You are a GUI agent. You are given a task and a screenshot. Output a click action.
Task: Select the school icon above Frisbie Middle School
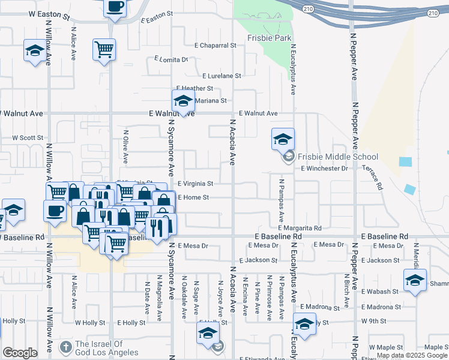coord(283,140)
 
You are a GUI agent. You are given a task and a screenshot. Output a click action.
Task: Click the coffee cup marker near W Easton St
coord(115,7)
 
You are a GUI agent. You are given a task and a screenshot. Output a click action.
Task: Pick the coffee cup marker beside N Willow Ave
coord(55,211)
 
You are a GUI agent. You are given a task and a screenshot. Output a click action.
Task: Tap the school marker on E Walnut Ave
coord(183,101)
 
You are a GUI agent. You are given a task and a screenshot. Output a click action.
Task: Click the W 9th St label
coord(373,321)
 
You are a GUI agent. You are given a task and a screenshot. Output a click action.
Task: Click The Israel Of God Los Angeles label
coord(107,349)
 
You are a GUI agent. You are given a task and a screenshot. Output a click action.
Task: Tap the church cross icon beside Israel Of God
coord(65,347)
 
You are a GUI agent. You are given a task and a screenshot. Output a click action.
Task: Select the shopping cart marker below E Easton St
coord(104,49)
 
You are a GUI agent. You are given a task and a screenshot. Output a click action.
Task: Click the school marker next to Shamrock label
coord(415,281)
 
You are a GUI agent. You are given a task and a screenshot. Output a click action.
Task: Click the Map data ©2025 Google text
coord(412,355)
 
